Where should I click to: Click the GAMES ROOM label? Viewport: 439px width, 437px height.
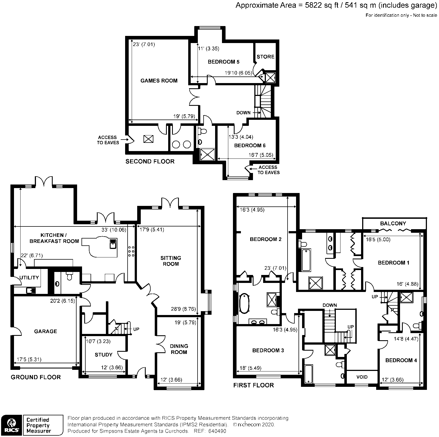(x=159, y=81)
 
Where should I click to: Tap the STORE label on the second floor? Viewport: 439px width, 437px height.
(x=265, y=57)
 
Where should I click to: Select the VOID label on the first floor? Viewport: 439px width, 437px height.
(x=362, y=377)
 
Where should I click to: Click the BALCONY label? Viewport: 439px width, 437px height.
(x=393, y=223)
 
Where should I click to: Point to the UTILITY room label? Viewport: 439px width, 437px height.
(x=29, y=277)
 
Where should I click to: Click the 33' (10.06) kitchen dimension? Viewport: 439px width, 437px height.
(x=114, y=230)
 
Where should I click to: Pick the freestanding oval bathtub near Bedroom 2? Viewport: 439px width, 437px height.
(x=244, y=303)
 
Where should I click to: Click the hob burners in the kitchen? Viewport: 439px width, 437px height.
(x=131, y=251)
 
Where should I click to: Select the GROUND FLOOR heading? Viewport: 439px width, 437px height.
(x=36, y=377)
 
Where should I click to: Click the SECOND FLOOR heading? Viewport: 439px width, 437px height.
(x=150, y=161)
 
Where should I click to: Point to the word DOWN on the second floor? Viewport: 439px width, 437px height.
(x=243, y=113)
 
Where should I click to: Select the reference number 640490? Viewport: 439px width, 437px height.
(x=217, y=431)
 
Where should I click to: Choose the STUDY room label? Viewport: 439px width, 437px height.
(x=103, y=354)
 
